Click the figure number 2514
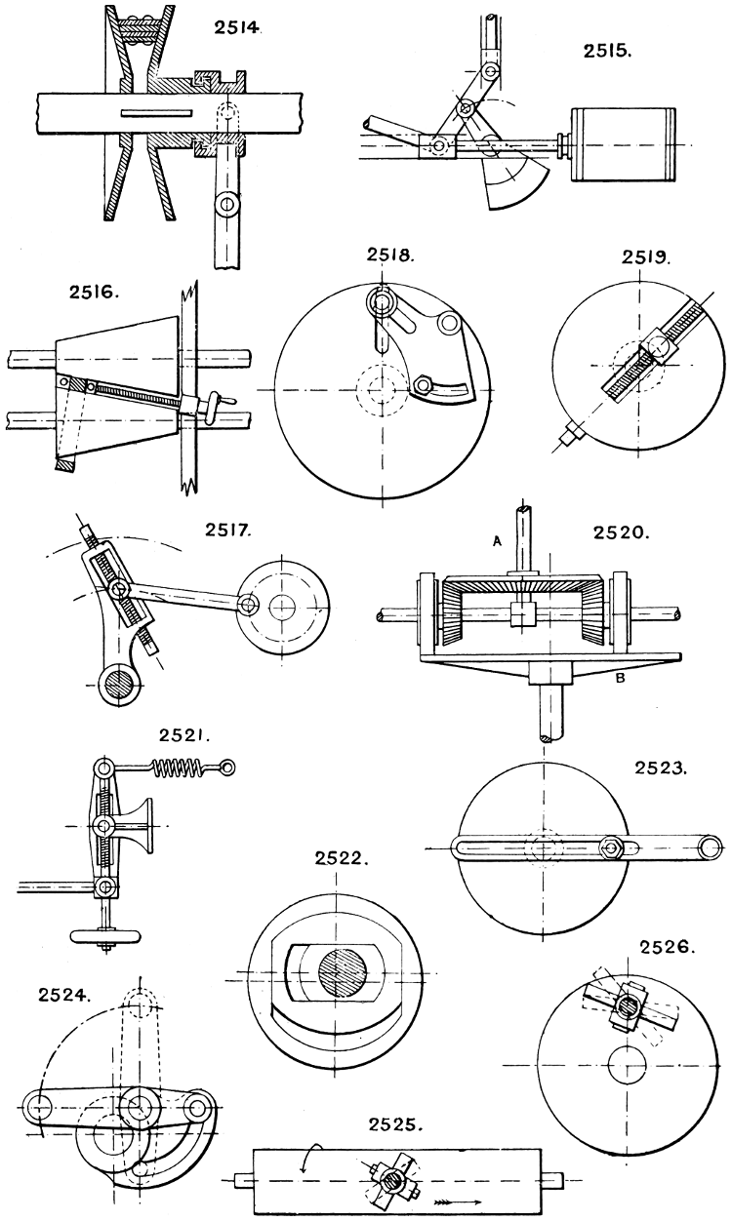click(237, 28)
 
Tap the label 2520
click(620, 532)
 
